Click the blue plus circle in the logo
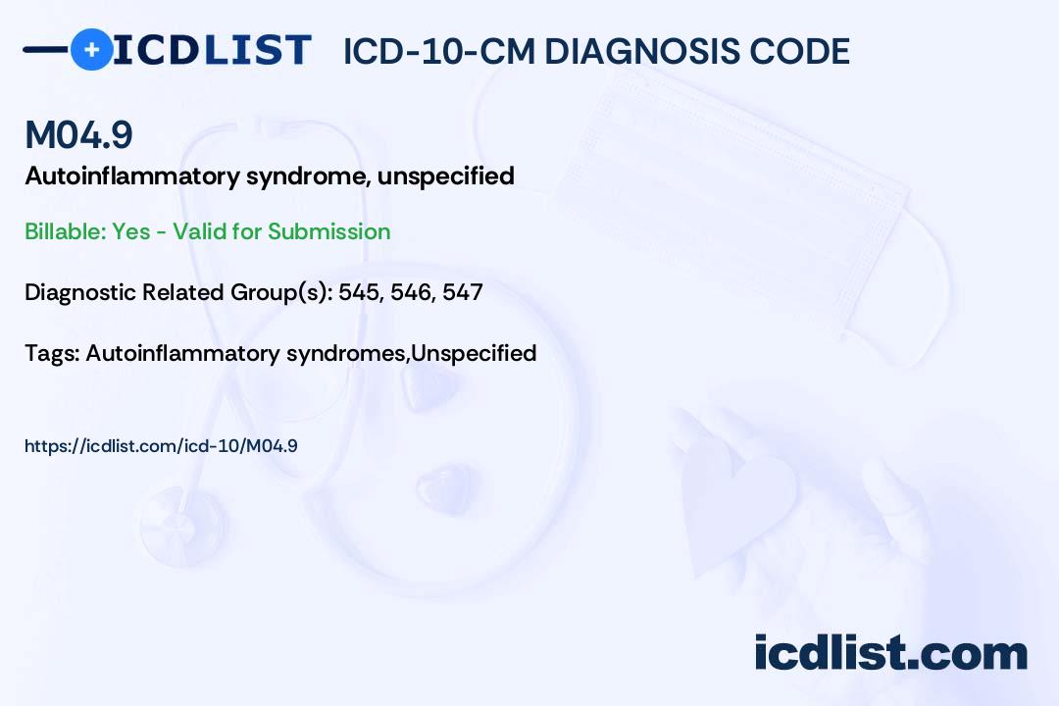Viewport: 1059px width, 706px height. coord(92,49)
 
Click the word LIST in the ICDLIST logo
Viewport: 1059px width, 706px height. coord(258,50)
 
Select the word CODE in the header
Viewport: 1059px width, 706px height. coord(790,51)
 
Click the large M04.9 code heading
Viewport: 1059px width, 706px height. coord(79,134)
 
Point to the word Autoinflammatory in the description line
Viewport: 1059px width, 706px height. coord(132,176)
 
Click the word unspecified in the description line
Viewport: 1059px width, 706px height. coord(446,176)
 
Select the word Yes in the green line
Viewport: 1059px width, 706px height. coord(131,231)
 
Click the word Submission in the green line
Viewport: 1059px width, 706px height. coord(328,231)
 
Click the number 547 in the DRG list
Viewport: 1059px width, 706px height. coord(463,292)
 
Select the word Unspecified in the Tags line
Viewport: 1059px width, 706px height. coord(474,353)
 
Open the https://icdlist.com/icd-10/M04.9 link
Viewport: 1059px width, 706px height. coord(161,446)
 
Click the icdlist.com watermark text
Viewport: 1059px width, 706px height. coord(890,653)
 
